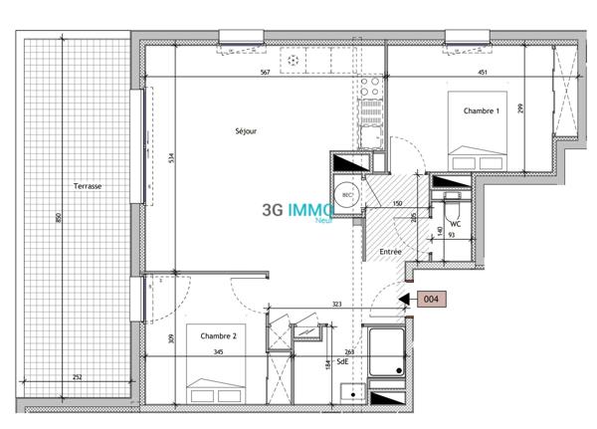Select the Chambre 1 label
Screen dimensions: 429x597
coord(481,110)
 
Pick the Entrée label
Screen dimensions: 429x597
coord(390,253)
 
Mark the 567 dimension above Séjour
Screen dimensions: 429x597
coord(265,72)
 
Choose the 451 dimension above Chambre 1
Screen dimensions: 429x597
coord(484,72)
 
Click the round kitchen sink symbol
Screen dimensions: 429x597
coord(294,60)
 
